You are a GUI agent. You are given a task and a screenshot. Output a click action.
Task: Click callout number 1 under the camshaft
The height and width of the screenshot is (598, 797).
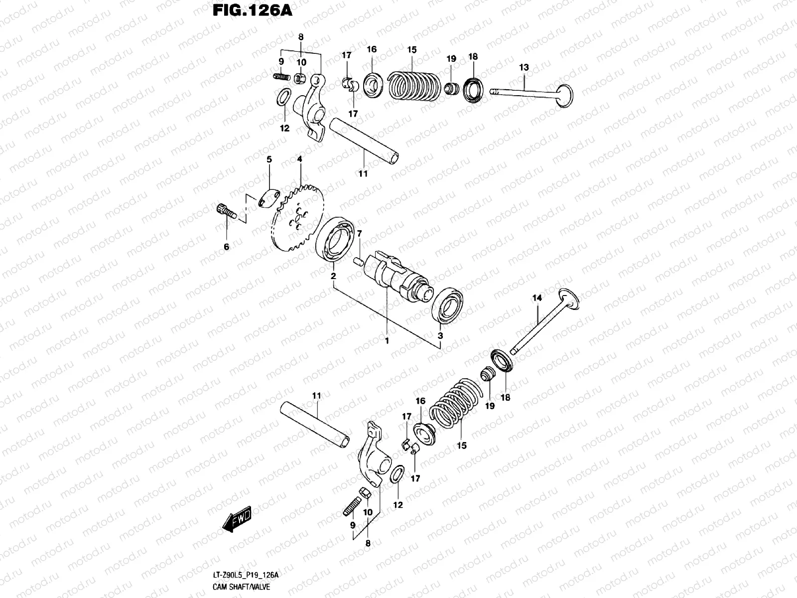tap(387, 341)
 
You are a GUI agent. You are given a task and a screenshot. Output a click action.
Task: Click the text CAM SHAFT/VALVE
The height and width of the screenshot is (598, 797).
tap(241, 587)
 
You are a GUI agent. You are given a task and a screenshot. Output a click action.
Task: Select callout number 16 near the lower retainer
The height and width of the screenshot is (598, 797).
tap(421, 401)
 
